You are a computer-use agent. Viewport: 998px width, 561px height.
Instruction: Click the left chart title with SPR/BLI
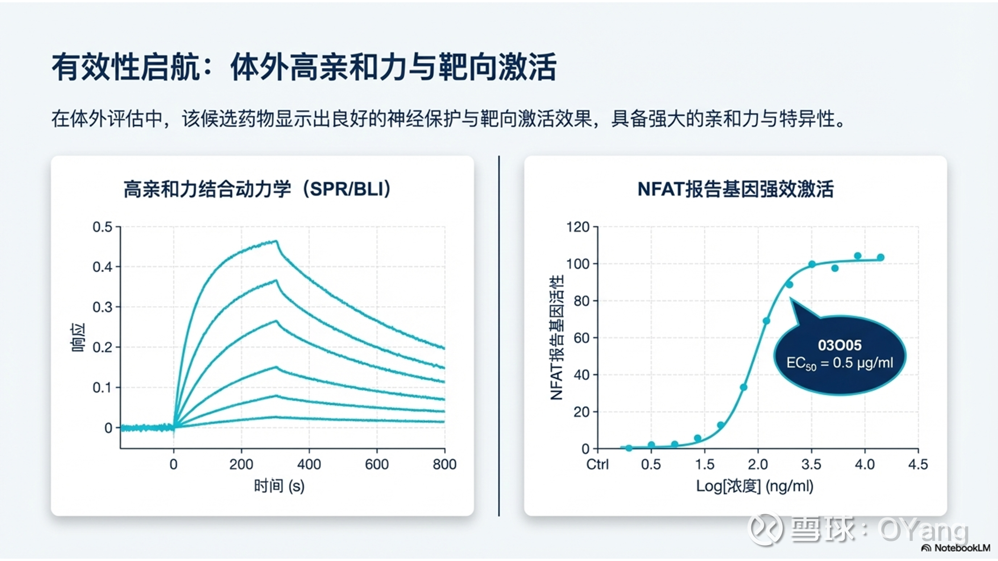click(x=257, y=189)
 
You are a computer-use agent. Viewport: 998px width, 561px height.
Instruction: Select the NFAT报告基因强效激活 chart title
click(x=735, y=189)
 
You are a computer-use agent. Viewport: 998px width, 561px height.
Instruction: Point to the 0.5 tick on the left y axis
click(x=102, y=227)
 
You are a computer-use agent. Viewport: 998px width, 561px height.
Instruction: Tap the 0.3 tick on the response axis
click(x=102, y=307)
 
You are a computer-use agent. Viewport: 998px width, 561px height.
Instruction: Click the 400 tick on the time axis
click(x=309, y=464)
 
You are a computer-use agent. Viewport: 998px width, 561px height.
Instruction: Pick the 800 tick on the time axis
click(x=444, y=464)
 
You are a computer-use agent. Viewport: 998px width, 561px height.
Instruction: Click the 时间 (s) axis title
click(x=279, y=486)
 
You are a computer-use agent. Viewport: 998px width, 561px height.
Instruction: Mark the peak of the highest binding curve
click(x=276, y=241)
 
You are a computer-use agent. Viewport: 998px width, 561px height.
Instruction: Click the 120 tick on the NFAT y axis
click(x=577, y=227)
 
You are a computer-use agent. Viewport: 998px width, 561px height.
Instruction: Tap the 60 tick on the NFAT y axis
click(x=581, y=338)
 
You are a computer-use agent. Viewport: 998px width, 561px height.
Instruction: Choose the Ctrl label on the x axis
click(x=597, y=464)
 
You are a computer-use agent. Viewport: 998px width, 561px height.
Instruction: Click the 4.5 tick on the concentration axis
click(x=918, y=464)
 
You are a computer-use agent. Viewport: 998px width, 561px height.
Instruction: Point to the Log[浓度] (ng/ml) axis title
click(x=754, y=486)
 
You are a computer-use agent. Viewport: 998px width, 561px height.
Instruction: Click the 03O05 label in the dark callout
click(x=839, y=345)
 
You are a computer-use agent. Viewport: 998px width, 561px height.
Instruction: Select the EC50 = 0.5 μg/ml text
click(x=839, y=363)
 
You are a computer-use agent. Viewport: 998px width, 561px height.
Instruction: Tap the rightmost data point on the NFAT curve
click(x=881, y=258)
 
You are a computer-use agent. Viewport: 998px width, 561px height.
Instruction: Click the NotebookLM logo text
click(x=962, y=548)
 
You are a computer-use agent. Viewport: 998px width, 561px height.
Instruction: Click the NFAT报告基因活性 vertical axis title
click(x=557, y=338)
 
